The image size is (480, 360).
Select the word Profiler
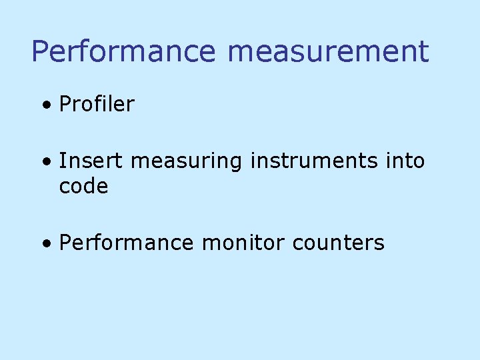(97, 104)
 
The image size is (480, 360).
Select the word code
(83, 187)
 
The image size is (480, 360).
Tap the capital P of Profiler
(65, 104)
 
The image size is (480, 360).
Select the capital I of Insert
(62, 161)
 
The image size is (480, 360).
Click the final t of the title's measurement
(423, 52)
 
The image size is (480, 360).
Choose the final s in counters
(380, 244)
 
